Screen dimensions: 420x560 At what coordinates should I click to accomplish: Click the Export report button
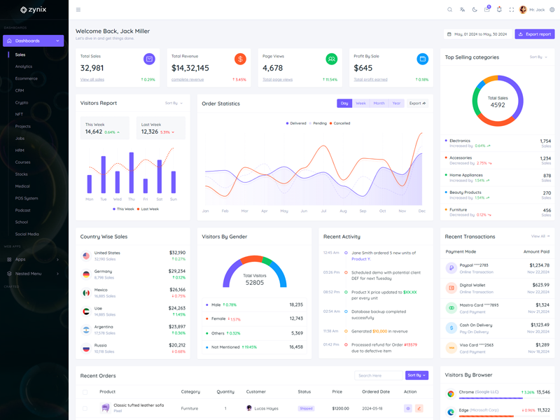pyautogui.click(x=535, y=34)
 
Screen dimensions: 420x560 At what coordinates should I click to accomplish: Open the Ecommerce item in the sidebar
pyautogui.click(x=27, y=78)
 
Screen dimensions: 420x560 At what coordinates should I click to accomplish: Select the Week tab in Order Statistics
pyautogui.click(x=360, y=103)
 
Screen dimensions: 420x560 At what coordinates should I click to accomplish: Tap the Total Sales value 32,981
pyautogui.click(x=92, y=68)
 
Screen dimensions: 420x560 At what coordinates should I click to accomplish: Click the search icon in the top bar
pyautogui.click(x=450, y=10)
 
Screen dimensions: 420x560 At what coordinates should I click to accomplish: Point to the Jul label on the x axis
pyautogui.click(x=323, y=210)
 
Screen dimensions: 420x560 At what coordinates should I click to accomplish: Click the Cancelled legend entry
pyautogui.click(x=340, y=123)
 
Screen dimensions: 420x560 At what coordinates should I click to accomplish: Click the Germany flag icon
pyautogui.click(x=86, y=274)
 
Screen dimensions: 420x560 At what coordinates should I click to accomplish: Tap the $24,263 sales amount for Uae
pyautogui.click(x=177, y=308)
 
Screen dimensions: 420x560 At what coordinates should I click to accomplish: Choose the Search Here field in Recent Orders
pyautogui.click(x=378, y=375)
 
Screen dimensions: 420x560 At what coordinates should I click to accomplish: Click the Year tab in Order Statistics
pyautogui.click(x=397, y=103)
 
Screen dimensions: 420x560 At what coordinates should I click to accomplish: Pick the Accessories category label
pyautogui.click(x=461, y=157)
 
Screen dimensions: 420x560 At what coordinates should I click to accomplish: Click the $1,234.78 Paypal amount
pyautogui.click(x=539, y=265)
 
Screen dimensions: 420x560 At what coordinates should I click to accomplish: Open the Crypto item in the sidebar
pyautogui.click(x=22, y=102)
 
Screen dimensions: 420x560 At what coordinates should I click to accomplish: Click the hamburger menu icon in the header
pyautogui.click(x=78, y=10)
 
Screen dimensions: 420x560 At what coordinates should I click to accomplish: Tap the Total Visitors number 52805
pyautogui.click(x=254, y=282)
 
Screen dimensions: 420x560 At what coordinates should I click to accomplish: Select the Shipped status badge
pyautogui.click(x=306, y=408)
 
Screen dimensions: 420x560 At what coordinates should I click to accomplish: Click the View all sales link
pyautogui.click(x=92, y=80)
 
